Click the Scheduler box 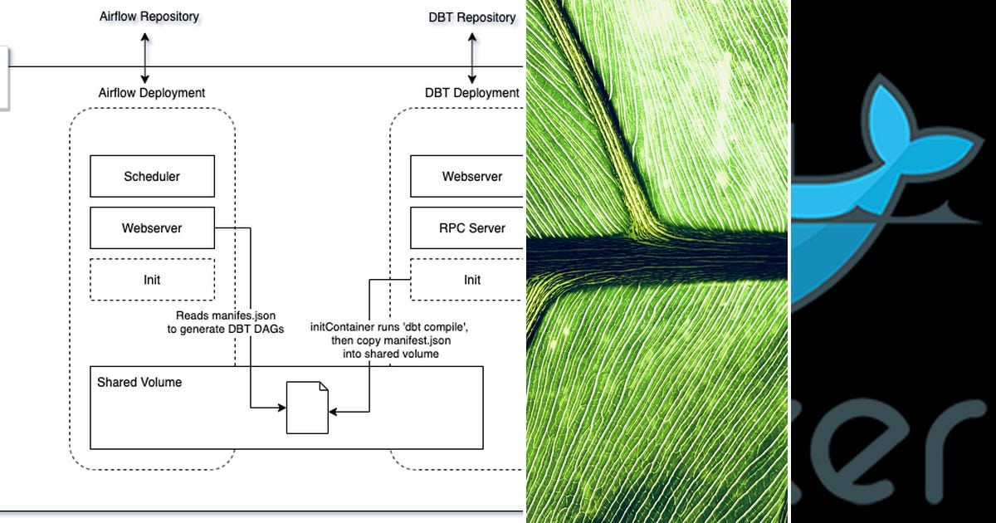pos(152,176)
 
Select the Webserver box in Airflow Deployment pos(152,228)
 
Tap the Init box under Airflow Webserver pos(152,280)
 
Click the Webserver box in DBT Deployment pos(471,176)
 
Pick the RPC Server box pos(471,228)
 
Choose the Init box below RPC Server pos(471,280)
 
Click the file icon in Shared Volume pos(307,407)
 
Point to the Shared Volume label pos(139,383)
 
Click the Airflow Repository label pos(149,16)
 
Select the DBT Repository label pos(472,17)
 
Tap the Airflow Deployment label pos(152,93)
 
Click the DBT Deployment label pos(472,93)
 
